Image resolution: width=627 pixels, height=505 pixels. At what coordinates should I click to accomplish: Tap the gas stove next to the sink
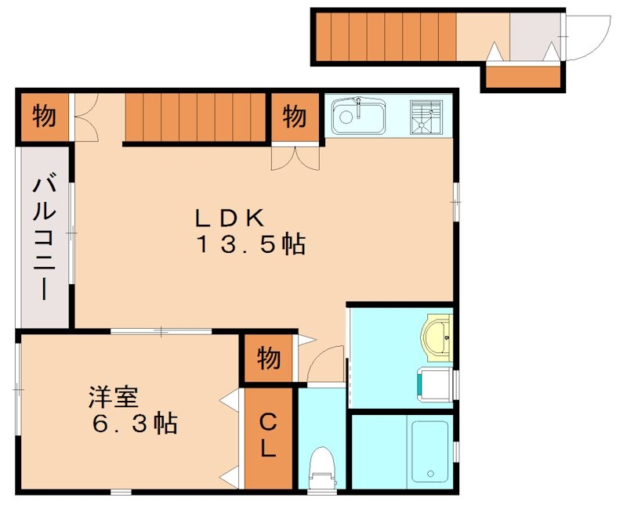(426, 118)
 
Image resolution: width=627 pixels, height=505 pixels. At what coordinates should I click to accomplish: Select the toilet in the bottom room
(321, 467)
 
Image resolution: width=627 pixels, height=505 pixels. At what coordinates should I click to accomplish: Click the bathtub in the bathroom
(429, 452)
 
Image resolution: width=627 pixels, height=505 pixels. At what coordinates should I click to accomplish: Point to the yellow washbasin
(437, 336)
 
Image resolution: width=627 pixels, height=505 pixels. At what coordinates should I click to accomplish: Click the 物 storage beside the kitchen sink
(295, 117)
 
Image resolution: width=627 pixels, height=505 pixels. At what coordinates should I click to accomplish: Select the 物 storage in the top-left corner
(44, 117)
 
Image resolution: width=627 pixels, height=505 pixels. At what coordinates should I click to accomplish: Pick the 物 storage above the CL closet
(268, 359)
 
